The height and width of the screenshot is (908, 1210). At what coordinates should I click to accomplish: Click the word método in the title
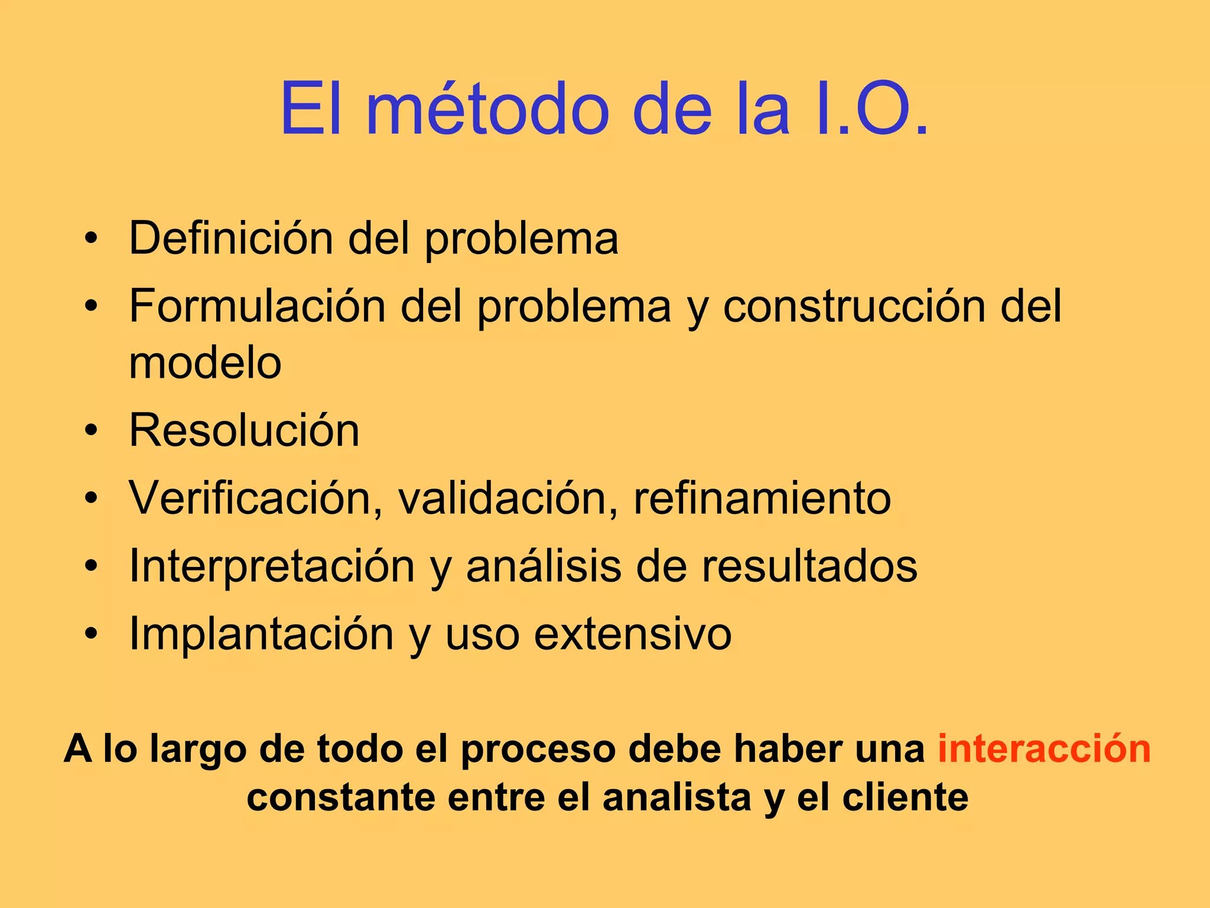[x=487, y=109]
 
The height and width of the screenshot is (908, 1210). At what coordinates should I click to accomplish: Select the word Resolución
[x=244, y=430]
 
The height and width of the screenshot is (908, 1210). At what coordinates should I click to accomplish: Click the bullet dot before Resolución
[x=90, y=431]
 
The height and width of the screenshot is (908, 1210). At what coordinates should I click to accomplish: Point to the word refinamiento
[x=762, y=498]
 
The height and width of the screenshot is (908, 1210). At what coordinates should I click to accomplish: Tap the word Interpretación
[x=272, y=566]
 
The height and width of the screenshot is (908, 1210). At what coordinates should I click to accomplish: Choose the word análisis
[x=544, y=566]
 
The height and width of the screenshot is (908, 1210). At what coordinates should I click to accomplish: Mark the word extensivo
[x=633, y=634]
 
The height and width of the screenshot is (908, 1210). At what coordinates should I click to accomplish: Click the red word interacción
[x=1044, y=749]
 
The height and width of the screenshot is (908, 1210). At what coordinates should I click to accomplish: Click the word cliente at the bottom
[x=905, y=797]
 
